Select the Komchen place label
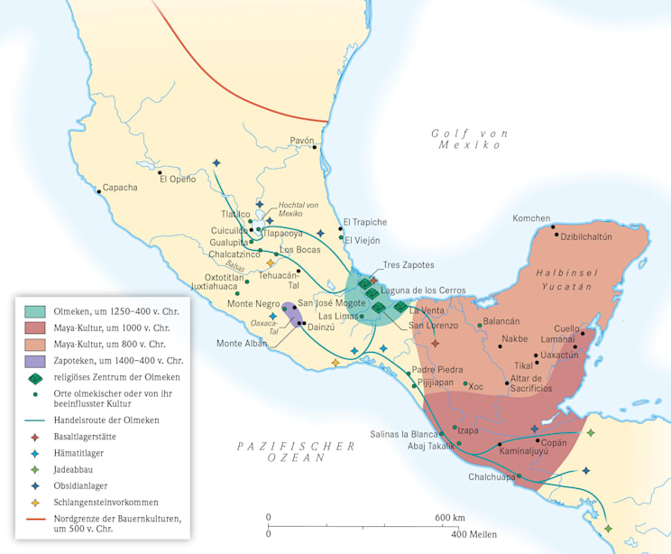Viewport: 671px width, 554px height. click(x=531, y=218)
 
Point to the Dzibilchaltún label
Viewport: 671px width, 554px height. click(x=586, y=236)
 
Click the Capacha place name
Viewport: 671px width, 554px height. click(x=120, y=188)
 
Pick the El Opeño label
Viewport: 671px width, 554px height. click(x=178, y=179)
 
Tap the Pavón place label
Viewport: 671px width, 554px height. click(x=302, y=141)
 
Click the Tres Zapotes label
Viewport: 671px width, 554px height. click(x=409, y=264)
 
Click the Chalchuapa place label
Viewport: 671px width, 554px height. click(x=492, y=477)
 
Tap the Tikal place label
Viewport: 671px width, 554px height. click(x=525, y=365)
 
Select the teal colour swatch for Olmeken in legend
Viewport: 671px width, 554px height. click(x=36, y=310)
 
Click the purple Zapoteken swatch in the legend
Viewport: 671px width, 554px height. click(x=36, y=361)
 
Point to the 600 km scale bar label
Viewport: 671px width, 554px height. click(x=449, y=517)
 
